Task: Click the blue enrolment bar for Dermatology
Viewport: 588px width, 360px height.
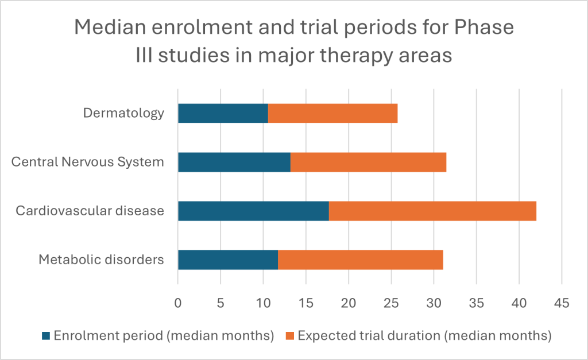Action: pyautogui.click(x=223, y=113)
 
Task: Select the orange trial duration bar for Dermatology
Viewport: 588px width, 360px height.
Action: pyautogui.click(x=333, y=113)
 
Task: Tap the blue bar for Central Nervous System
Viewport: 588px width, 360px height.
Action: pyautogui.click(x=234, y=162)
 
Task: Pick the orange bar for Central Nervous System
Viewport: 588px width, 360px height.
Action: pyautogui.click(x=368, y=162)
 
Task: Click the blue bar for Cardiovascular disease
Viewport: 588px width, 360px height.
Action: pyautogui.click(x=253, y=211)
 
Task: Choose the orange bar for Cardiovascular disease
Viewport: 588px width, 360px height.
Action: pyautogui.click(x=432, y=211)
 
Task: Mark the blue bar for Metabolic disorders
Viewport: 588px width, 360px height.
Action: pyautogui.click(x=228, y=260)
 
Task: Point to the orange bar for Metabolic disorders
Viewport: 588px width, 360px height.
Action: pyautogui.click(x=361, y=260)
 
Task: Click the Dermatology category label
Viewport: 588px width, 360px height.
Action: pyautogui.click(x=123, y=113)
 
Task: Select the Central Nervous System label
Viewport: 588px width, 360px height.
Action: pyautogui.click(x=88, y=162)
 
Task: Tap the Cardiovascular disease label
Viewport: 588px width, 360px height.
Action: pyautogui.click(x=90, y=211)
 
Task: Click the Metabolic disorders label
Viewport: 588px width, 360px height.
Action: pyautogui.click(x=101, y=260)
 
